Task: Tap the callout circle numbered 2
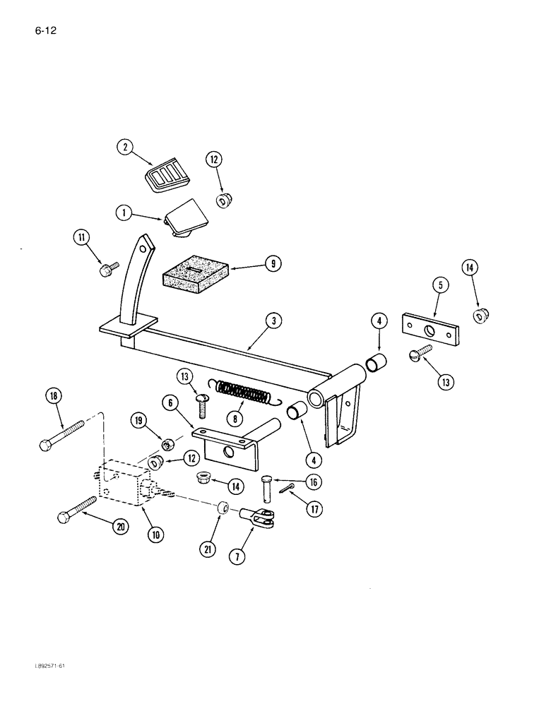(125, 148)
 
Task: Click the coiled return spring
(242, 393)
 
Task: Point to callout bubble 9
(271, 264)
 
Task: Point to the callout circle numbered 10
(155, 534)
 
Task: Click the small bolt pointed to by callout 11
(110, 268)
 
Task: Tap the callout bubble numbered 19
(139, 420)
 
